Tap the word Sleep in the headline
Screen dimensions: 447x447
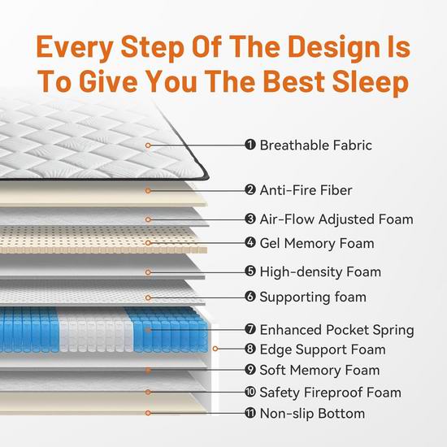pos(371,82)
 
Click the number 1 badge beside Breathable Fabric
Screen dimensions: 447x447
pos(250,145)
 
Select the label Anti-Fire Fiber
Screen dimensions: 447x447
pos(306,190)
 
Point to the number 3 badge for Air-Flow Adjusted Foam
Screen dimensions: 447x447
pos(250,219)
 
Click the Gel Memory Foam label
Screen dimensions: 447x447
pos(317,244)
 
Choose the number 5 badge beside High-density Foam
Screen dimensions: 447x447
pos(250,271)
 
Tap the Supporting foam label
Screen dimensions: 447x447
pos(313,297)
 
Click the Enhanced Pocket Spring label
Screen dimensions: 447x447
pos(336,330)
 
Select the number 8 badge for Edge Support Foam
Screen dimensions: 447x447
pos(250,349)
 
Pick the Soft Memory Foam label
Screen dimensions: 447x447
pos(319,371)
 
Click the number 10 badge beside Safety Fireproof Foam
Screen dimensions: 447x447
pos(250,392)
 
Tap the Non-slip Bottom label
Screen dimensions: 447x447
pos(312,414)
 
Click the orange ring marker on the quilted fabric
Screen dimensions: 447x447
pos(148,145)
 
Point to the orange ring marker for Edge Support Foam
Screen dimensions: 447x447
pos(215,349)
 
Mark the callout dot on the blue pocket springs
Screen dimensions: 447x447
pos(148,330)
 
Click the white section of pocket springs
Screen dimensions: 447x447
pos(96,330)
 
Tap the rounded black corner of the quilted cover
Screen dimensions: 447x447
pos(205,176)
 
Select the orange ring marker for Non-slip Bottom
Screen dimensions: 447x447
pos(148,413)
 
